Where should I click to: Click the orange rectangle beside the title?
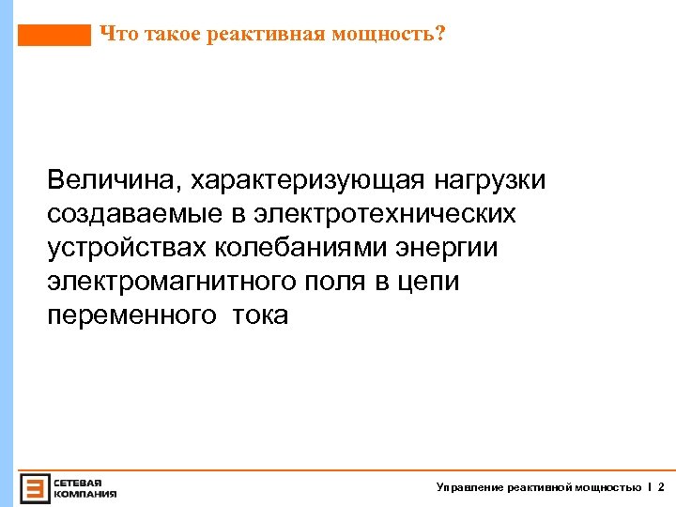tap(54, 36)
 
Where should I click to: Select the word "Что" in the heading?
tap(116, 35)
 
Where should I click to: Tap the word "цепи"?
tap(432, 282)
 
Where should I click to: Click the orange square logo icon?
tap(35, 486)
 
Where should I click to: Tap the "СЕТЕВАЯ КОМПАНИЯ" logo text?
tap(84, 486)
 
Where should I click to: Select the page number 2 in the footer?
tap(661, 487)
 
